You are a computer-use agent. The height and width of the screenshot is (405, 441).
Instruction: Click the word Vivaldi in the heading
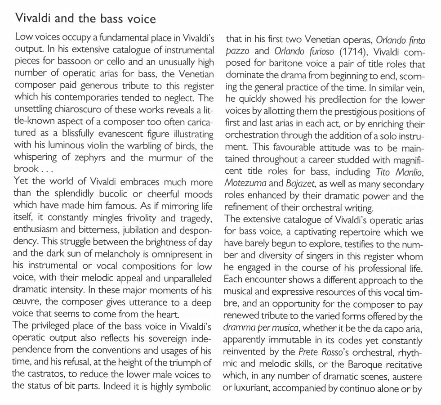pyautogui.click(x=33, y=19)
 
